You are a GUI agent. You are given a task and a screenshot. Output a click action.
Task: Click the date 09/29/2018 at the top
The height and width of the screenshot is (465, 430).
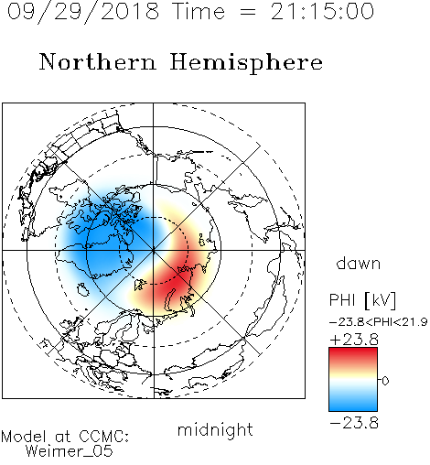pyautogui.click(x=83, y=12)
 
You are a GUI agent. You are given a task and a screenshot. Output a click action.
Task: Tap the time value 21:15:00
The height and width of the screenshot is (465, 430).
pyautogui.click(x=322, y=11)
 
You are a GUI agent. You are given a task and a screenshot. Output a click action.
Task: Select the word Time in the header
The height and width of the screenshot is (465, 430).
pyautogui.click(x=199, y=11)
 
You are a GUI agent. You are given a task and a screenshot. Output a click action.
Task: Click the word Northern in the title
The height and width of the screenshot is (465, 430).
pyautogui.click(x=98, y=61)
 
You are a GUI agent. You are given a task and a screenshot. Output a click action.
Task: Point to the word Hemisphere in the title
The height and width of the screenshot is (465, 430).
pyautogui.click(x=246, y=63)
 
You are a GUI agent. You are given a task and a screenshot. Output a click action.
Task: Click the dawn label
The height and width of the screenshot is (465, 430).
pyautogui.click(x=359, y=263)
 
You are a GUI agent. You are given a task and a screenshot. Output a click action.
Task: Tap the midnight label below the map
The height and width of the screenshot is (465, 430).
pyautogui.click(x=215, y=429)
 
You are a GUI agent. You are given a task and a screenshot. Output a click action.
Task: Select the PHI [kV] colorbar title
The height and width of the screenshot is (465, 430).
pyautogui.click(x=362, y=300)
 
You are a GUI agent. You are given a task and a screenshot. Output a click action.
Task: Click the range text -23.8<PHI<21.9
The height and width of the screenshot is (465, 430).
pyautogui.click(x=378, y=322)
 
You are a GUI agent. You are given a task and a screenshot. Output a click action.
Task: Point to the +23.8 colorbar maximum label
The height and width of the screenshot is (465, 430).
pyautogui.click(x=354, y=340)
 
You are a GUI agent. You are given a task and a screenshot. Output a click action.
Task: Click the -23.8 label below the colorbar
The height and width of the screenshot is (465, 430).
pyautogui.click(x=354, y=423)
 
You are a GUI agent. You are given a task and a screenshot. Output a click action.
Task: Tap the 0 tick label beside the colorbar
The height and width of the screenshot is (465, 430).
pyautogui.click(x=385, y=381)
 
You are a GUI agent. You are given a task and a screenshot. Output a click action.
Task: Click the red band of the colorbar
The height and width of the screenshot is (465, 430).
pyautogui.click(x=353, y=355)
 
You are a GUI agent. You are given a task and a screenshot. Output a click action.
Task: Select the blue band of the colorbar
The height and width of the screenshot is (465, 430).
pyautogui.click(x=353, y=403)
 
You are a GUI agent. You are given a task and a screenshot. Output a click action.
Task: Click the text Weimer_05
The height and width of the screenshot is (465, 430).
pyautogui.click(x=70, y=451)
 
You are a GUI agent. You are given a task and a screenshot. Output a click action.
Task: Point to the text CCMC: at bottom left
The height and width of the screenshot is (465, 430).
pyautogui.click(x=103, y=437)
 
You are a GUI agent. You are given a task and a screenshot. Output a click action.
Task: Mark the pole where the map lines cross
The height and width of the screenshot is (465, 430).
pyautogui.click(x=153, y=250)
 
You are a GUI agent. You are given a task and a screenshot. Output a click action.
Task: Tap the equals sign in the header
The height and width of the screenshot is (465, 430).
pyautogui.click(x=247, y=12)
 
